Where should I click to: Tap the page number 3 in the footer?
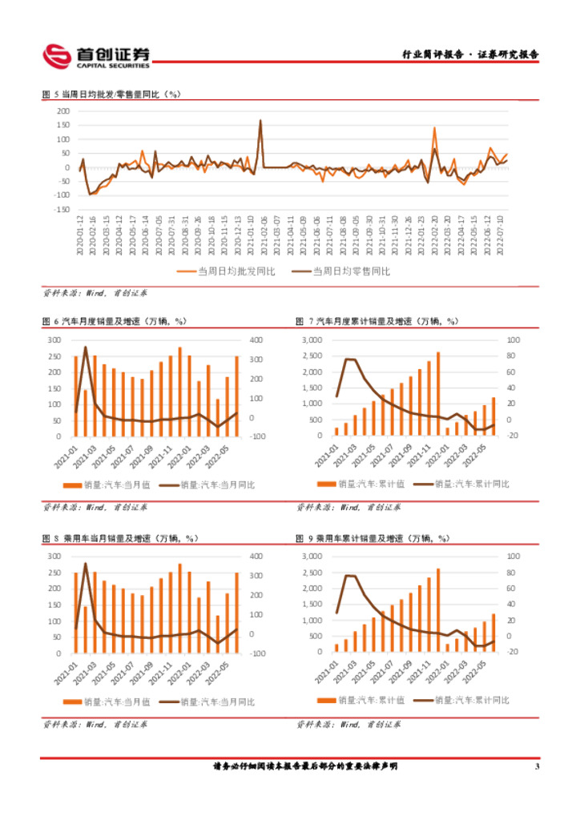(x=537, y=766)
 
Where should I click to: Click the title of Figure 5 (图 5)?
(x=112, y=94)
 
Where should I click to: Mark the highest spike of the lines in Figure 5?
(x=260, y=121)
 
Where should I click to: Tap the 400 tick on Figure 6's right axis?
(x=256, y=340)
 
